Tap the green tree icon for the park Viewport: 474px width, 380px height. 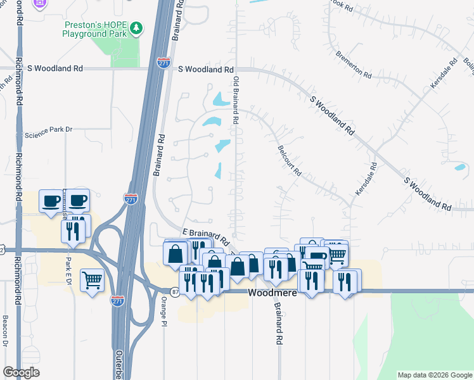pos(136,28)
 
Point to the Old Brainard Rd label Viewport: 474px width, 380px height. pos(236,99)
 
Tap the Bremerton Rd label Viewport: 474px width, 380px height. pos(354,65)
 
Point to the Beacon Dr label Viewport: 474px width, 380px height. pos(4,331)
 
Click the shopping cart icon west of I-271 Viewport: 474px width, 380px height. pos(92,279)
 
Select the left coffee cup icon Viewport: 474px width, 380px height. pos(51,201)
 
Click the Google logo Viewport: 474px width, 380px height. pos(22,372)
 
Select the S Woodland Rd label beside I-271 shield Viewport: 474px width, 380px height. pos(206,69)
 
